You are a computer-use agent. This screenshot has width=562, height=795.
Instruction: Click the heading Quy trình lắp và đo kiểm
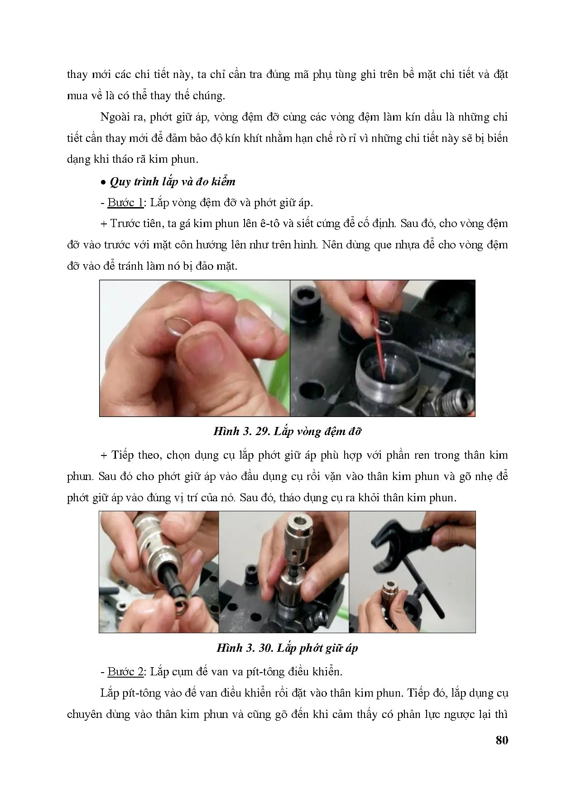pyautogui.click(x=173, y=182)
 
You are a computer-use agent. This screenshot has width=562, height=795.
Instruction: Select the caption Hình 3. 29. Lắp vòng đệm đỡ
pyautogui.click(x=287, y=431)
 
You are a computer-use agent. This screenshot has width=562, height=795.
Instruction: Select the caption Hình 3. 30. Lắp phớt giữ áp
pyautogui.click(x=287, y=648)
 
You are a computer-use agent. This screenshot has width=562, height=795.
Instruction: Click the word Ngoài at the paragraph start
pyautogui.click(x=115, y=117)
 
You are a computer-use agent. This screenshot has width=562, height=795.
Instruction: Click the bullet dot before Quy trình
pyautogui.click(x=104, y=182)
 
